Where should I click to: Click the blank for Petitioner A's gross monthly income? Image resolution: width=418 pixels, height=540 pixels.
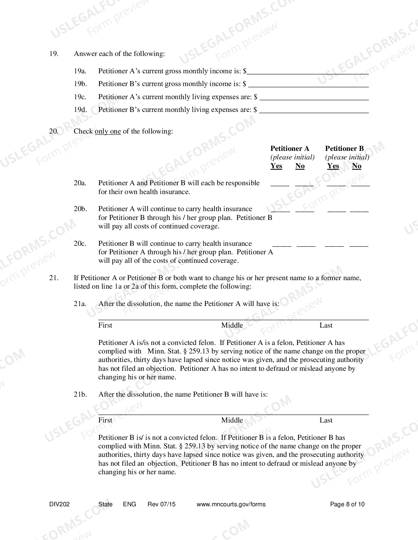click(308, 71)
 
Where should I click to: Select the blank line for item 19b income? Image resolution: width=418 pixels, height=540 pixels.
click(308, 84)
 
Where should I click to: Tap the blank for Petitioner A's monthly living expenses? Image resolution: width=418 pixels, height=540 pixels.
click(314, 97)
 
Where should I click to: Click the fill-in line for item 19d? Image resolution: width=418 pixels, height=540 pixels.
click(314, 110)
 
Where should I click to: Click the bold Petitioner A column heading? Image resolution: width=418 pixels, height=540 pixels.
click(290, 149)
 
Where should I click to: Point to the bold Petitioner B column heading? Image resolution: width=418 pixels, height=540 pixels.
click(345, 149)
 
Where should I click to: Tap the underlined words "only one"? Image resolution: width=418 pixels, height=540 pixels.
click(108, 132)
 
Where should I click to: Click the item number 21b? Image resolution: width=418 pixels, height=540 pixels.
click(80, 394)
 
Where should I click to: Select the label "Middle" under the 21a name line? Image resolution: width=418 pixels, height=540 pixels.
click(232, 325)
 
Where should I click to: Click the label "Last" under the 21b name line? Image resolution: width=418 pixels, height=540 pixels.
click(326, 420)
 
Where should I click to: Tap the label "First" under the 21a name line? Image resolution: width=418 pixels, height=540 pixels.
click(105, 325)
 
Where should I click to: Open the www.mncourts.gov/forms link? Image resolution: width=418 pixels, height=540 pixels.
click(231, 504)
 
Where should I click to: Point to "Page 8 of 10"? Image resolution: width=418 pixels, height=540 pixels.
click(347, 504)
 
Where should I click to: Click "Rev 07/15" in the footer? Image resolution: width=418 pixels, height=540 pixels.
click(162, 504)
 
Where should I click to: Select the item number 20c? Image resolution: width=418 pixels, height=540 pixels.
click(80, 243)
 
